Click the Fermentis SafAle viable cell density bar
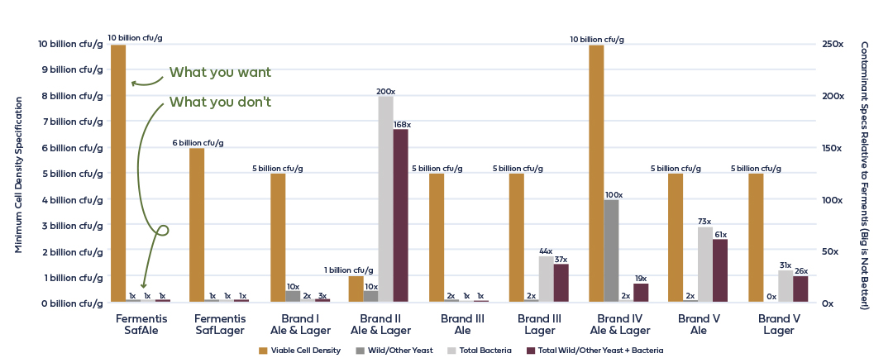[x=118, y=174]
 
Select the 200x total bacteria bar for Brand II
[x=386, y=199]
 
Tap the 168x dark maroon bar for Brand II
[x=401, y=215]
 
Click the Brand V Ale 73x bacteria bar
[x=704, y=264]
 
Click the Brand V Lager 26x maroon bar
[x=800, y=289]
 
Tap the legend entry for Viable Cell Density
[x=299, y=351]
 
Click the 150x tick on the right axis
[x=831, y=147]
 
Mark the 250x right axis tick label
[x=831, y=44]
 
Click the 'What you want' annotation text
[x=220, y=72]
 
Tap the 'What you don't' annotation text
[x=220, y=103]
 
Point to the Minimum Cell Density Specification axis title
[x=17, y=173]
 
